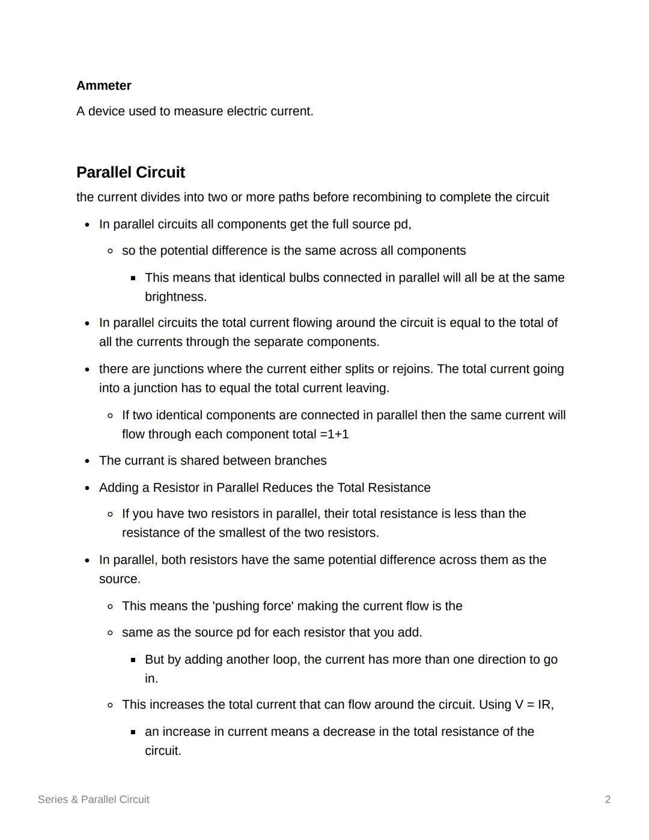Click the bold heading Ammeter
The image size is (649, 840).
(x=103, y=85)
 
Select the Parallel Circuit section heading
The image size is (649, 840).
(x=130, y=173)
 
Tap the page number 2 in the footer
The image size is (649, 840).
(x=608, y=800)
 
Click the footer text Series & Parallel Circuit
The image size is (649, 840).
(x=93, y=800)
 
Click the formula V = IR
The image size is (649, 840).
(x=533, y=705)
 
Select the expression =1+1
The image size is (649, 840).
(x=334, y=434)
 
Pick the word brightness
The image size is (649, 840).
(x=175, y=297)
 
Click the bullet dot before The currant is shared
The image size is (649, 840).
(x=88, y=461)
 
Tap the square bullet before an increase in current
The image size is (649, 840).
(x=133, y=732)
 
